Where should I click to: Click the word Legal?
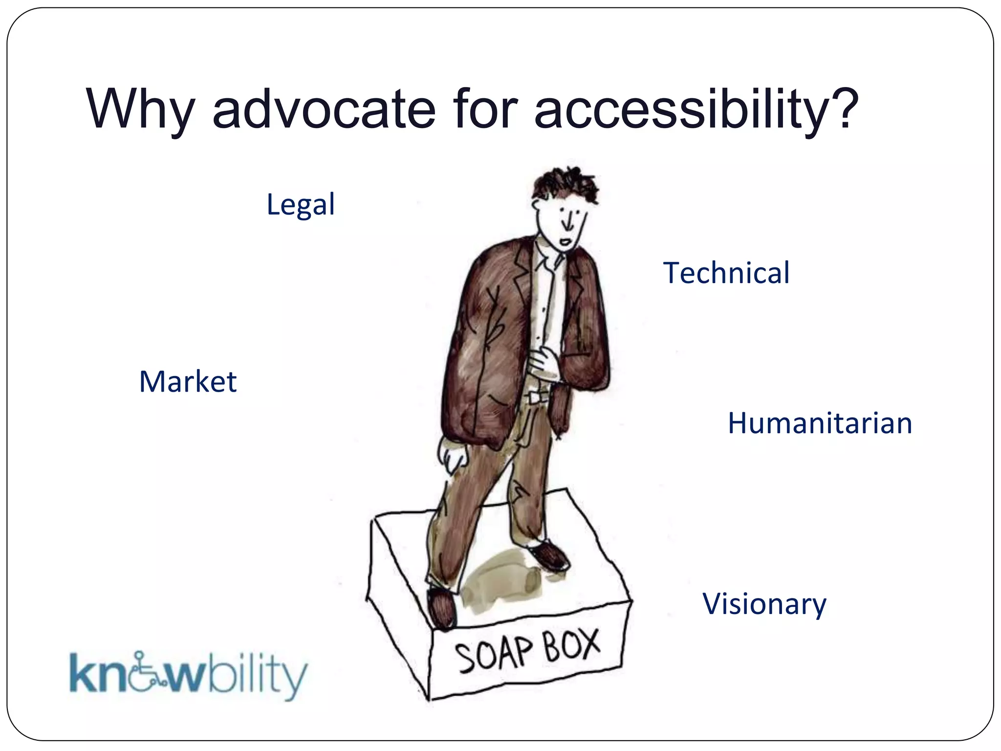301,204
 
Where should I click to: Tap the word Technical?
726,273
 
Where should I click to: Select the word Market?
188,381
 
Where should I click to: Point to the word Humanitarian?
820,423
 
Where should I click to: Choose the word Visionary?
764,604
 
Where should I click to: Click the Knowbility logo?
188,675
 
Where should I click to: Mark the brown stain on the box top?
503,582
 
